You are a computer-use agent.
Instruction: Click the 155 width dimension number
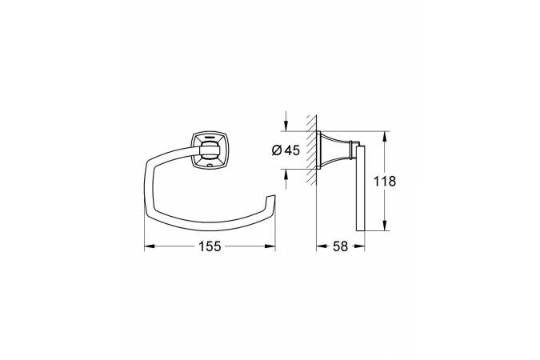[210, 246]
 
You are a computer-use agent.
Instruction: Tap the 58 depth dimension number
[340, 246]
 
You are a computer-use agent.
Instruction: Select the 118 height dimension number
[385, 182]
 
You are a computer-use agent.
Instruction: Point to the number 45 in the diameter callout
[292, 150]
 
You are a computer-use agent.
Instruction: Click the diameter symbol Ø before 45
[277, 150]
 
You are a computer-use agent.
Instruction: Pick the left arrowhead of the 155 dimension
[149, 246]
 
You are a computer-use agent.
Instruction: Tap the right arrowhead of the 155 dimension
[270, 246]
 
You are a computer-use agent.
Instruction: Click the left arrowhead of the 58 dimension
[322, 246]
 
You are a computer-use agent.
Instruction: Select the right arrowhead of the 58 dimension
[359, 246]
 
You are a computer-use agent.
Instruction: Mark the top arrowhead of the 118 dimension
[385, 137]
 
